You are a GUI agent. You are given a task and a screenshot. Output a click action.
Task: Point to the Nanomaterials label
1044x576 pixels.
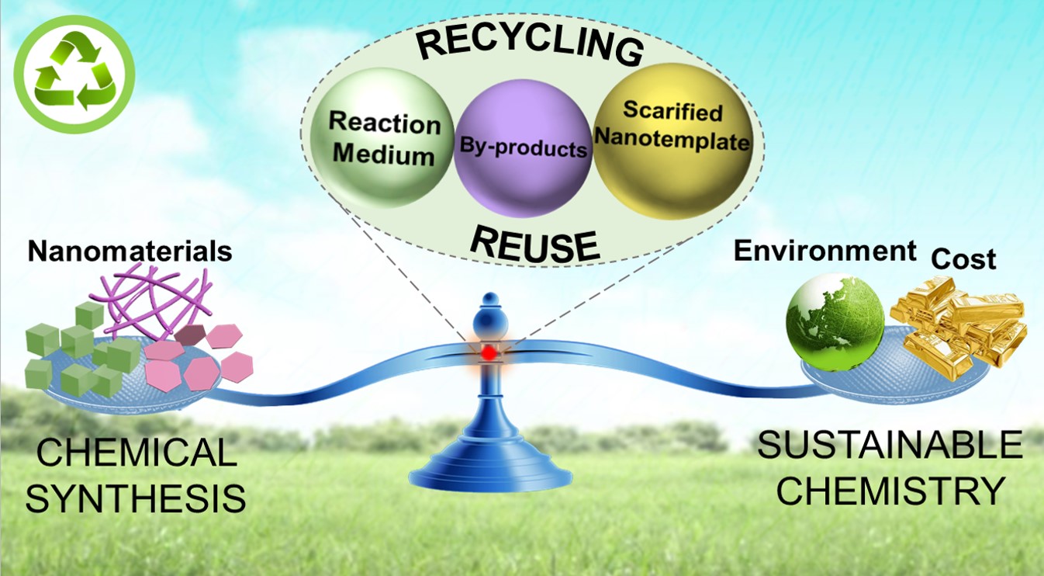click(130, 252)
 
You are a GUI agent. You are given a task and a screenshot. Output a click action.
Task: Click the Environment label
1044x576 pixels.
click(825, 251)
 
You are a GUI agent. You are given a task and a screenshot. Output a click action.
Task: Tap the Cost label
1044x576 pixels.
click(963, 259)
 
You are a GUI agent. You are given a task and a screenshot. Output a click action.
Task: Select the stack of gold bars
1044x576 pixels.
click(959, 322)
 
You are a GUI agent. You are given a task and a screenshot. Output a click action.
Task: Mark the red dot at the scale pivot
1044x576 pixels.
click(489, 352)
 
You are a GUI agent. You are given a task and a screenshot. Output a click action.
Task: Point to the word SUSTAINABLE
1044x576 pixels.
click(890, 446)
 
